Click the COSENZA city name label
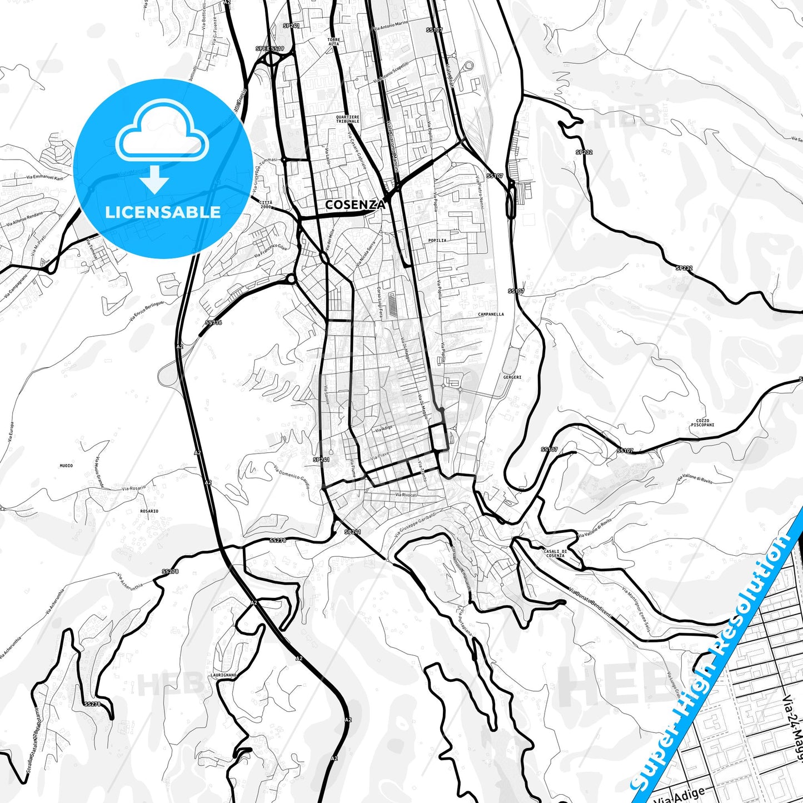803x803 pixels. (x=355, y=205)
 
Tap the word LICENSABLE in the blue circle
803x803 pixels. (x=163, y=212)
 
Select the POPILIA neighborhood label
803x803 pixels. (x=437, y=241)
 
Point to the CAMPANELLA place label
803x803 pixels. (x=491, y=314)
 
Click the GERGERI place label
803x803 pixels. (x=512, y=377)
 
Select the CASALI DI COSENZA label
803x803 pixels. (x=555, y=553)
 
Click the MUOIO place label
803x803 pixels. (x=66, y=466)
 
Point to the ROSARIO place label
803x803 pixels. (x=149, y=511)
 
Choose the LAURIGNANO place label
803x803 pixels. (x=224, y=675)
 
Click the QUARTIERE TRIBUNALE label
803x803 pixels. (x=348, y=119)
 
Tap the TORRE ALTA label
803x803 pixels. (x=333, y=42)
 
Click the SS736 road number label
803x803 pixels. (x=213, y=322)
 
